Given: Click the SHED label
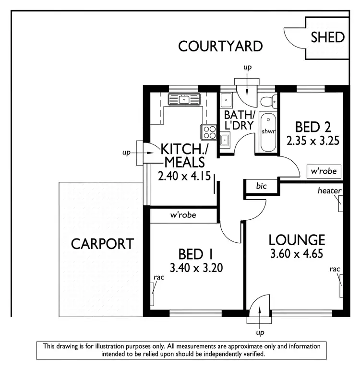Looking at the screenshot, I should pyautogui.click(x=328, y=37).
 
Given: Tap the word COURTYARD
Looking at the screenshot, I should pyautogui.click(x=220, y=46).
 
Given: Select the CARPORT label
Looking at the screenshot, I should pyautogui.click(x=102, y=243).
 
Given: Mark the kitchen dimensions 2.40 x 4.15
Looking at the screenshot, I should pyautogui.click(x=184, y=176).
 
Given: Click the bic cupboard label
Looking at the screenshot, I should pyautogui.click(x=261, y=186).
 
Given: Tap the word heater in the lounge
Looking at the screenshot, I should pyautogui.click(x=329, y=191).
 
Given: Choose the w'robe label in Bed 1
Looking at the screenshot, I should pyautogui.click(x=183, y=215).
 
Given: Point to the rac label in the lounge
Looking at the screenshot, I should pyautogui.click(x=335, y=269).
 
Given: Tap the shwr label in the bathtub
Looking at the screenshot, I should pyautogui.click(x=267, y=131).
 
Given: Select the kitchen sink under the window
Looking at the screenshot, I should pyautogui.click(x=184, y=99).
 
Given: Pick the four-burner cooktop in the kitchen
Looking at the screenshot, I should pyautogui.click(x=209, y=131).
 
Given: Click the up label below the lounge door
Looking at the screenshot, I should pyautogui.click(x=260, y=332).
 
